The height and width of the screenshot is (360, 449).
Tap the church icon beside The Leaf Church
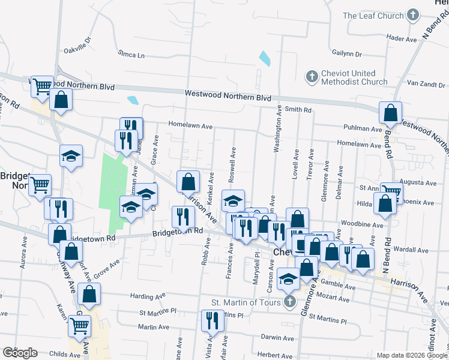click(x=412, y=15)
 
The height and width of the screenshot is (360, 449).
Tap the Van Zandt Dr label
click(x=424, y=83)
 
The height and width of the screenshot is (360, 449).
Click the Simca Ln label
click(x=132, y=55)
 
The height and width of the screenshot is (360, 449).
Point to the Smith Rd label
click(x=298, y=110)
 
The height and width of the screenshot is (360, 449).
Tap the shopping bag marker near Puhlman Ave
click(x=391, y=113)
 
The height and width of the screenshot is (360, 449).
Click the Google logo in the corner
click(x=20, y=353)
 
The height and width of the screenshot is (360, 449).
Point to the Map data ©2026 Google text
click(x=412, y=355)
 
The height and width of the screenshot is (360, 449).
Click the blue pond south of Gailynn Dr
click(x=264, y=59)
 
